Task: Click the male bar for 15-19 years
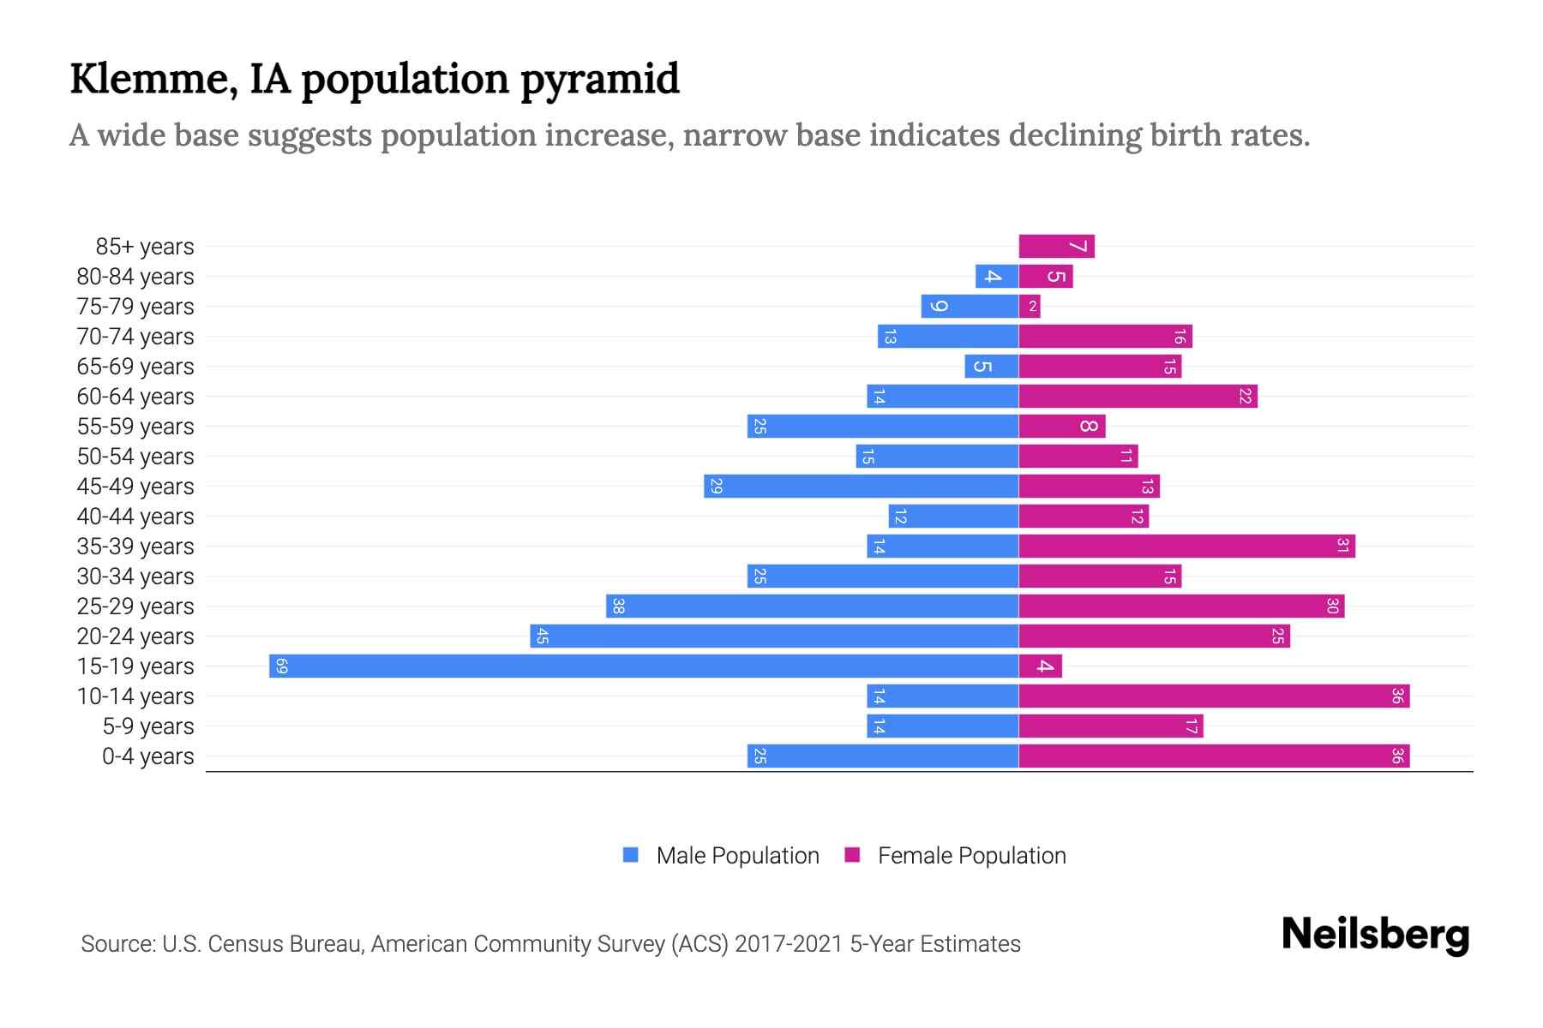[643, 666]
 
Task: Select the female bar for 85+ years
[1056, 247]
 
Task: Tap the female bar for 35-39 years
[1186, 547]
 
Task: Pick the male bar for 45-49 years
[861, 487]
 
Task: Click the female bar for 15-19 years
[1040, 666]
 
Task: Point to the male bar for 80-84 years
[996, 277]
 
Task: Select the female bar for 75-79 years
[1030, 307]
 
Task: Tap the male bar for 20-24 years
[774, 637]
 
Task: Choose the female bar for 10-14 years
[1214, 696]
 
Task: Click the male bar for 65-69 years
[991, 367]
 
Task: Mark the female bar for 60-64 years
[1138, 397]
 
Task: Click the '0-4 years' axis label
[147, 756]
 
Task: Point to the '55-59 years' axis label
[135, 427]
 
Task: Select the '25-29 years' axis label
[135, 607]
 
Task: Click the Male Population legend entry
[721, 856]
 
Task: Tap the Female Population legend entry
[955, 856]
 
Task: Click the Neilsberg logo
[1375, 935]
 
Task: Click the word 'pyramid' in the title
[600, 80]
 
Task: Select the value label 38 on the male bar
[618, 607]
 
